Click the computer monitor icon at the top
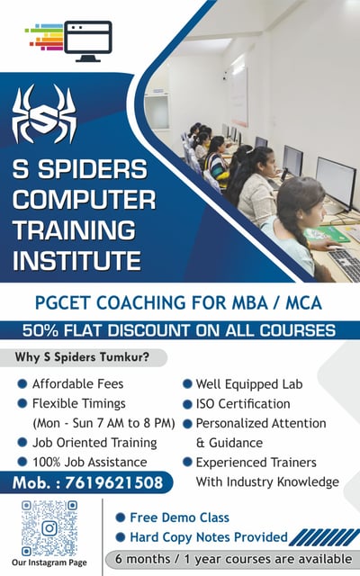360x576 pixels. [x=88, y=41]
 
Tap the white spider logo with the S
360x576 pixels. [x=44, y=114]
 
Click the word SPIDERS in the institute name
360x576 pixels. [x=93, y=169]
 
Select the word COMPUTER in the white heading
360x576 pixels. [x=84, y=200]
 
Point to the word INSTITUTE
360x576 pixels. [x=76, y=260]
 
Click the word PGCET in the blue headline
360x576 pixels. [x=63, y=303]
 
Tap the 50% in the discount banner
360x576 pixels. [x=40, y=330]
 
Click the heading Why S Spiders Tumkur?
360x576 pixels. [x=82, y=357]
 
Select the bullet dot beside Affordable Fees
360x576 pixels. [x=22, y=384]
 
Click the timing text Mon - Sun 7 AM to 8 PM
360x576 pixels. [x=103, y=423]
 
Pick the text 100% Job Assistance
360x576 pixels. [x=90, y=462]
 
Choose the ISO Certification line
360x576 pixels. [x=243, y=404]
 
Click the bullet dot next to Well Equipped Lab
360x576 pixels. [x=187, y=384]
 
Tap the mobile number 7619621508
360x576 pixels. [x=114, y=482]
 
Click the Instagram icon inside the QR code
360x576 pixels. [x=49, y=528]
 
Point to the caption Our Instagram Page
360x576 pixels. [x=49, y=562]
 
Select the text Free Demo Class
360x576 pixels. [x=180, y=517]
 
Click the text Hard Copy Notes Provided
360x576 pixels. [x=209, y=537]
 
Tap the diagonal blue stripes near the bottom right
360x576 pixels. [x=324, y=537]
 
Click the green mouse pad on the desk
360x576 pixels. [x=327, y=234]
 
